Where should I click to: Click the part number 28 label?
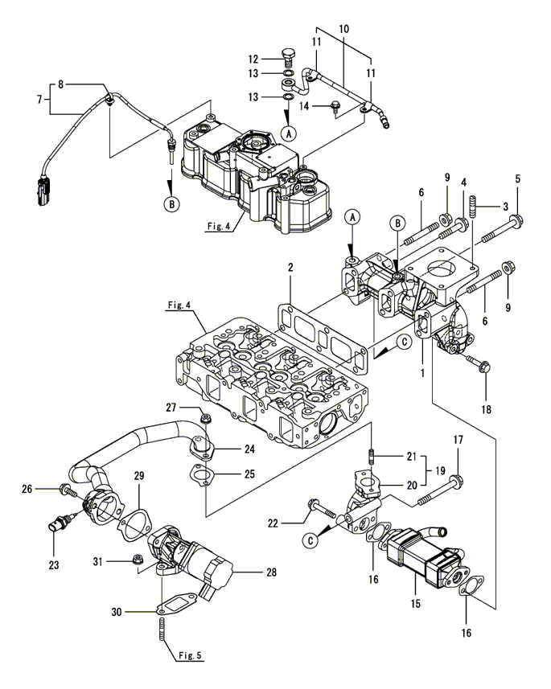271,572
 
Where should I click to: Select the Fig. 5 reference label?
190,655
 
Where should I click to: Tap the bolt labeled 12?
288,58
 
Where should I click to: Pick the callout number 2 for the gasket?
290,267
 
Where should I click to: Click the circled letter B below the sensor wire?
172,204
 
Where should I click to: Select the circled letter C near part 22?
310,540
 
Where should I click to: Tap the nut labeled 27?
204,418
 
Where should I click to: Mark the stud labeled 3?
475,207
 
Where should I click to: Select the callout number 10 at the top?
344,29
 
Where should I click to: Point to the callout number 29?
139,475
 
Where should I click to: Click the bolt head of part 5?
514,218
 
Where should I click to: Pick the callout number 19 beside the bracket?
440,470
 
